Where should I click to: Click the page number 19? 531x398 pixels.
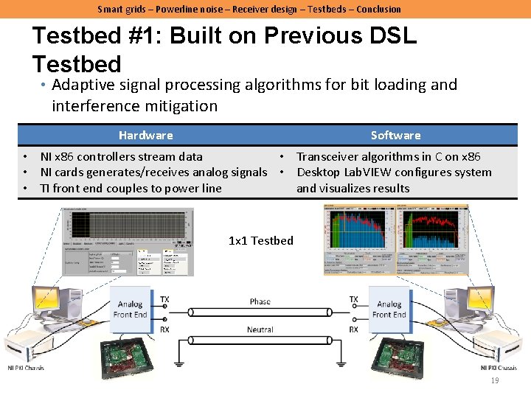(495, 380)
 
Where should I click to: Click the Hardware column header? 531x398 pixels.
(145, 135)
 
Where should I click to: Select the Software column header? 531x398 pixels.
(395, 135)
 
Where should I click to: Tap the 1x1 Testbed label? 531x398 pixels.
(260, 240)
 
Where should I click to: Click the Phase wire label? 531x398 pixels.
(260, 301)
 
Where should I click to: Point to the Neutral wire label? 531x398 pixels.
(260, 329)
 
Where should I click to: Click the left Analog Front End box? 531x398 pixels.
(131, 310)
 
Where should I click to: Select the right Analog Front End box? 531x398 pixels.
(389, 310)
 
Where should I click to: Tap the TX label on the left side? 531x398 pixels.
(164, 300)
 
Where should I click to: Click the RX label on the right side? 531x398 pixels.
(354, 329)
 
